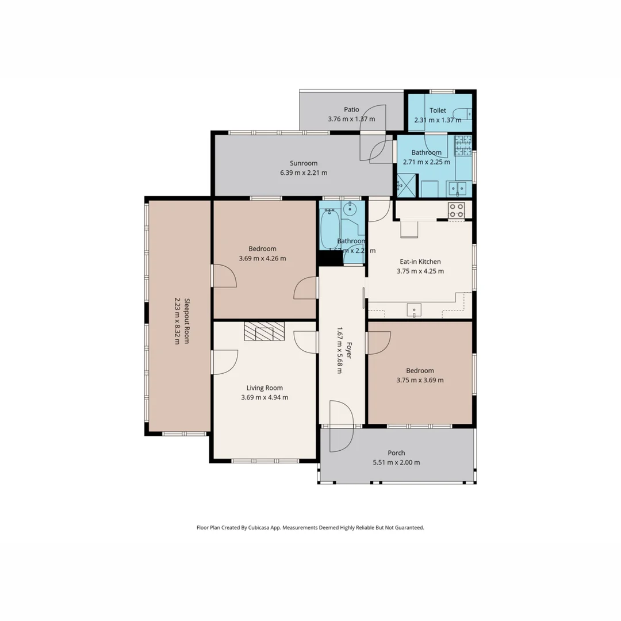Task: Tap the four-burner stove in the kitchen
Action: tap(456, 210)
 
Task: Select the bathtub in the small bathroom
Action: tap(329, 228)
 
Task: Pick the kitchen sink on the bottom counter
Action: tap(414, 310)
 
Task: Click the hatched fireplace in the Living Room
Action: tap(264, 331)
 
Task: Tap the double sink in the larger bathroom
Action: tap(458, 188)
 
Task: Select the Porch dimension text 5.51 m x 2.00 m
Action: tap(396, 462)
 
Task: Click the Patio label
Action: tap(351, 109)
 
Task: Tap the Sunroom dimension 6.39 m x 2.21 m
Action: tap(303, 172)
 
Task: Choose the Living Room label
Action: tap(264, 388)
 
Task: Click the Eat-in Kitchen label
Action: tap(420, 262)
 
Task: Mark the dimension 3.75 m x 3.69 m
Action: tap(420, 380)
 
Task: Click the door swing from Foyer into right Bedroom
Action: tap(378, 343)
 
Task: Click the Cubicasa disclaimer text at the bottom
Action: tap(310, 527)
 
